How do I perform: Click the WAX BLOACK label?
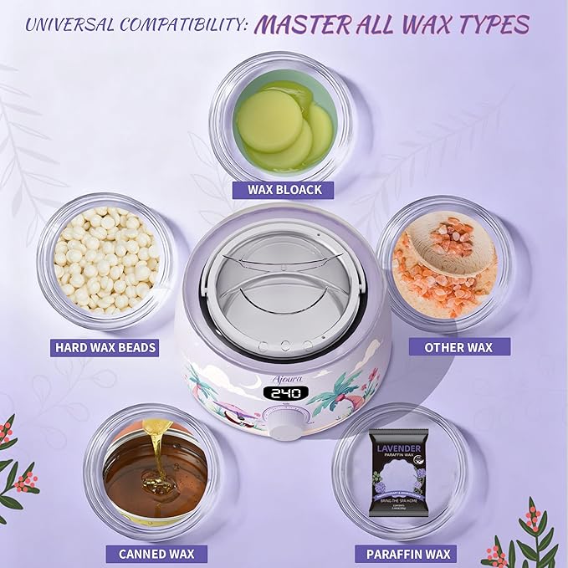(284, 190)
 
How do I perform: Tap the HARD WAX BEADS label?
(105, 346)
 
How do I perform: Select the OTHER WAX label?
(457, 346)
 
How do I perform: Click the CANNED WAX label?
(156, 553)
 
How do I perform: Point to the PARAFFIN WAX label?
(408, 553)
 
